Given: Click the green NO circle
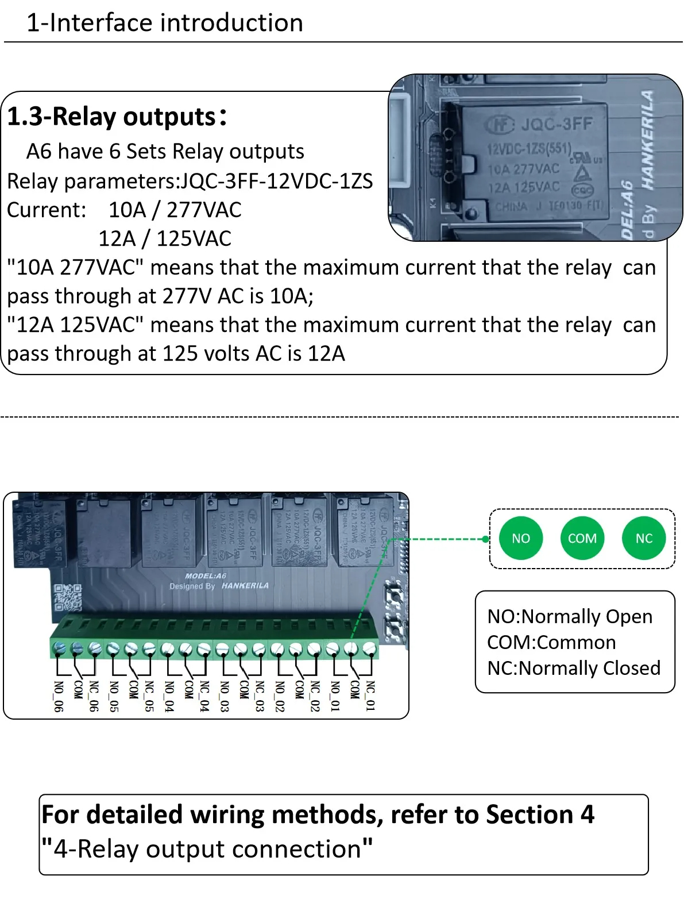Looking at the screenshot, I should point(521,538).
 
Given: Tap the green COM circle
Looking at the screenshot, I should point(582,538).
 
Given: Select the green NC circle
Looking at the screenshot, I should point(644,538).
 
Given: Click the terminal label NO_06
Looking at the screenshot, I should point(58,696).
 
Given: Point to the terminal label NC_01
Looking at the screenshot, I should point(370,696).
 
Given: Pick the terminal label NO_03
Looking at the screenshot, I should point(225,696).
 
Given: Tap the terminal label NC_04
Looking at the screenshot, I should point(204,696).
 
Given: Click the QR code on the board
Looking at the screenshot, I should point(68,597).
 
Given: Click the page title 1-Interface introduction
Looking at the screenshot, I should point(165,23).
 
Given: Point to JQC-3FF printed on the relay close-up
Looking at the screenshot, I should point(556,124).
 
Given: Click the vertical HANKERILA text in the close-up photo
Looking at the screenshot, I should point(647,140).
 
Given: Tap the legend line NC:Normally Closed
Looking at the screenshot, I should point(573,668).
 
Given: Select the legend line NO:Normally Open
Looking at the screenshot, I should point(569,616).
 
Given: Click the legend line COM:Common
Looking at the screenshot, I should point(551,642).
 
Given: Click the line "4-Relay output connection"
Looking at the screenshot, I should point(207,849).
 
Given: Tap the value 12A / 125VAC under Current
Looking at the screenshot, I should point(165,238).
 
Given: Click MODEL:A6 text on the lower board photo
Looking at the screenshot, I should point(206,575).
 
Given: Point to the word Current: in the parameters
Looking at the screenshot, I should point(47,210).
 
